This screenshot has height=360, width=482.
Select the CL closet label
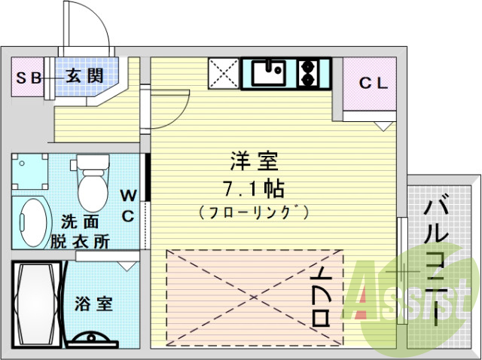373,84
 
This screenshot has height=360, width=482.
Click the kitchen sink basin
268,74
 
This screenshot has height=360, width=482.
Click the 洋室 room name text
254,161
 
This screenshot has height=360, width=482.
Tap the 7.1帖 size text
254,187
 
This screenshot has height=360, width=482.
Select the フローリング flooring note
254,213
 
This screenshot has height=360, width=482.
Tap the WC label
127,206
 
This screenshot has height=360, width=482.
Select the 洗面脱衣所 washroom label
78,232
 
